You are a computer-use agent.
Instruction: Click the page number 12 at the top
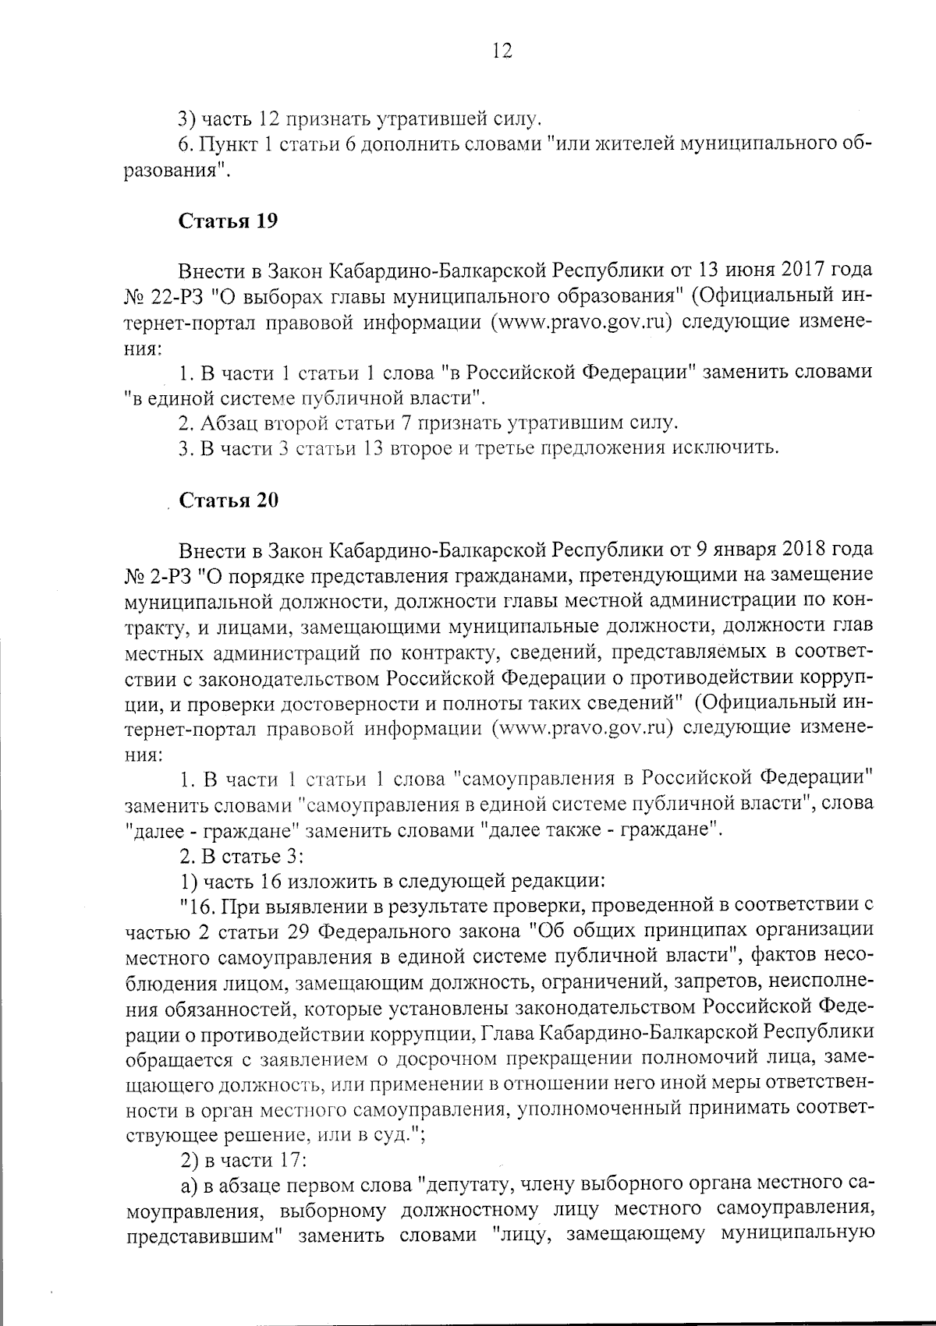tap(502, 52)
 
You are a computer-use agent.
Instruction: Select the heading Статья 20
tap(229, 500)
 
